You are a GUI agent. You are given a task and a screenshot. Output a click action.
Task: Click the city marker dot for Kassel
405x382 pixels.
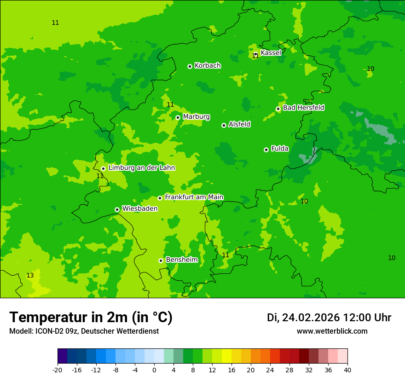tap(255, 54)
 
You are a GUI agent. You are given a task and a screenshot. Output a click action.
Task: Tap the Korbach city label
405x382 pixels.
tap(208, 66)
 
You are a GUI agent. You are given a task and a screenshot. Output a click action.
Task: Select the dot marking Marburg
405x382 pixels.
tap(178, 117)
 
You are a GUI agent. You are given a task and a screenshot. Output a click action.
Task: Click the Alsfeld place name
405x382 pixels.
tap(239, 124)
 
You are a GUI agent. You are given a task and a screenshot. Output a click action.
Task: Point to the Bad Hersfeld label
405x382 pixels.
tap(303, 108)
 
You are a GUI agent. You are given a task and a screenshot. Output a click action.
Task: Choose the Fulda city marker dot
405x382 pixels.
tap(266, 150)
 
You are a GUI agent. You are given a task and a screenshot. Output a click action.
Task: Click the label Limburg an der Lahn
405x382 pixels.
tap(141, 168)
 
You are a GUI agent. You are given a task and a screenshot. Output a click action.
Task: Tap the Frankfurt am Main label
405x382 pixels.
tap(194, 197)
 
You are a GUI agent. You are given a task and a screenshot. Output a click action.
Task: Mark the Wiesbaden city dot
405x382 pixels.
tap(117, 209)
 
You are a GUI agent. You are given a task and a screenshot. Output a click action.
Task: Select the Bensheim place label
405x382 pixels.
tap(181, 260)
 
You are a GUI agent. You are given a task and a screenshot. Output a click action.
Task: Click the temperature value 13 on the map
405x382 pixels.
tap(30, 276)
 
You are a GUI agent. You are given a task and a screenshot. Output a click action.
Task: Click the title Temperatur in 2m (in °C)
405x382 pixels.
tap(91, 318)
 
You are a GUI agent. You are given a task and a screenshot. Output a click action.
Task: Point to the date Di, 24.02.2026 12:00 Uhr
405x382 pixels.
tap(329, 318)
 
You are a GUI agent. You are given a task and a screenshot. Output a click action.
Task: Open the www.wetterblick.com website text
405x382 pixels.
tap(332, 331)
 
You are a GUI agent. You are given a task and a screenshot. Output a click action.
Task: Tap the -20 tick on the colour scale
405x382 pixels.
tap(58, 370)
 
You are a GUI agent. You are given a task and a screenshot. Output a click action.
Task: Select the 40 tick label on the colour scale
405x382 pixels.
tap(347, 370)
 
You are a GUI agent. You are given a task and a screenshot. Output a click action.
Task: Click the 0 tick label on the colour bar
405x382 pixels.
tap(154, 370)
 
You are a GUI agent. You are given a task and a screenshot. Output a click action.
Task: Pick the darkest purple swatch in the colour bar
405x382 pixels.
tap(62, 356)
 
